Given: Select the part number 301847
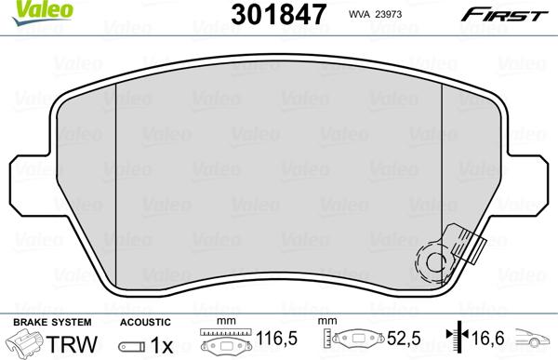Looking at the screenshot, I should tap(277, 14).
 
